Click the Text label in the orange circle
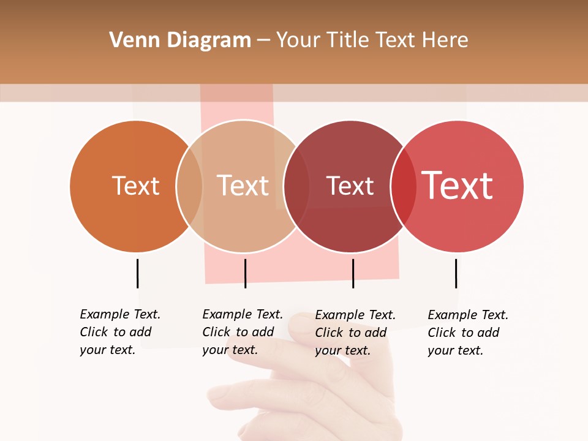pos(135,186)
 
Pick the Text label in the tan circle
pos(243,186)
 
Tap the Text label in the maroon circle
pos(350,186)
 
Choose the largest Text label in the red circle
pos(457,186)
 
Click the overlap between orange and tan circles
pos(189,186)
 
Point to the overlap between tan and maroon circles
pos(296,186)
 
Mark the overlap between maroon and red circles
pos(404,186)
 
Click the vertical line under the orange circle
pos(137,273)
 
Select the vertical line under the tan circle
pos(245,273)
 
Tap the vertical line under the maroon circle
pos(353,273)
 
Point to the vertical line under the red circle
pos(456,273)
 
